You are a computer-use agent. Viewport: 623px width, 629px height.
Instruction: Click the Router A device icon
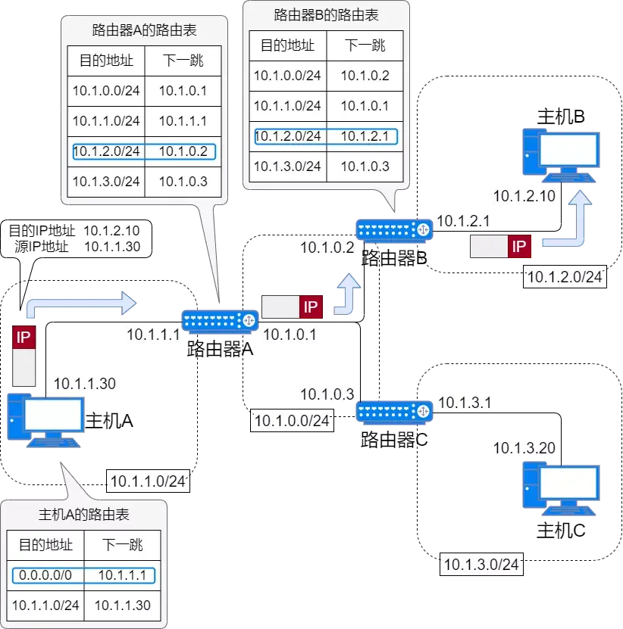(220, 322)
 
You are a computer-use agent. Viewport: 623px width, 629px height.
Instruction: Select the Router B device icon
(394, 231)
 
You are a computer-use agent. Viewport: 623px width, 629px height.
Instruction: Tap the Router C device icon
(394, 412)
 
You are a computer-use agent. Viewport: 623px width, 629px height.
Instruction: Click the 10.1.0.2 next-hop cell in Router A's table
(183, 151)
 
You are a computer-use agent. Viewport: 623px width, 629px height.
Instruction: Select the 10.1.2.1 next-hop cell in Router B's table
(365, 136)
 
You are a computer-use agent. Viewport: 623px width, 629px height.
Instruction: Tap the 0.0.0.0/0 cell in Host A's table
(45, 575)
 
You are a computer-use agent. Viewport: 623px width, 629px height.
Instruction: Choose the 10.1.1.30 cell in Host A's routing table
(123, 606)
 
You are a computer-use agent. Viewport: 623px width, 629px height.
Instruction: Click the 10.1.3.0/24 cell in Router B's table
(287, 167)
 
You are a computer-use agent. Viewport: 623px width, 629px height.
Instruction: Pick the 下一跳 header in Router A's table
(183, 61)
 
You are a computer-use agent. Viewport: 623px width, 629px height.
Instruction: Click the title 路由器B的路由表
(326, 15)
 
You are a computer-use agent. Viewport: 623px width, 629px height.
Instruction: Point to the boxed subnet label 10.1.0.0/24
(292, 420)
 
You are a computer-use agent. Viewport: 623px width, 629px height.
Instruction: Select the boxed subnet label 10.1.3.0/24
(481, 565)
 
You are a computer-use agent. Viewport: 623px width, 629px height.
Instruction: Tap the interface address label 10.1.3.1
(465, 403)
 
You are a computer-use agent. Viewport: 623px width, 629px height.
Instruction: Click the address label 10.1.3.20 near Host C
(524, 447)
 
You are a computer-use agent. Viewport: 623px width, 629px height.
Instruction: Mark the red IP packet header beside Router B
(519, 246)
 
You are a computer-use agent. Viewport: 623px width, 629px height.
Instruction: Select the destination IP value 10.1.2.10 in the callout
(111, 231)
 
